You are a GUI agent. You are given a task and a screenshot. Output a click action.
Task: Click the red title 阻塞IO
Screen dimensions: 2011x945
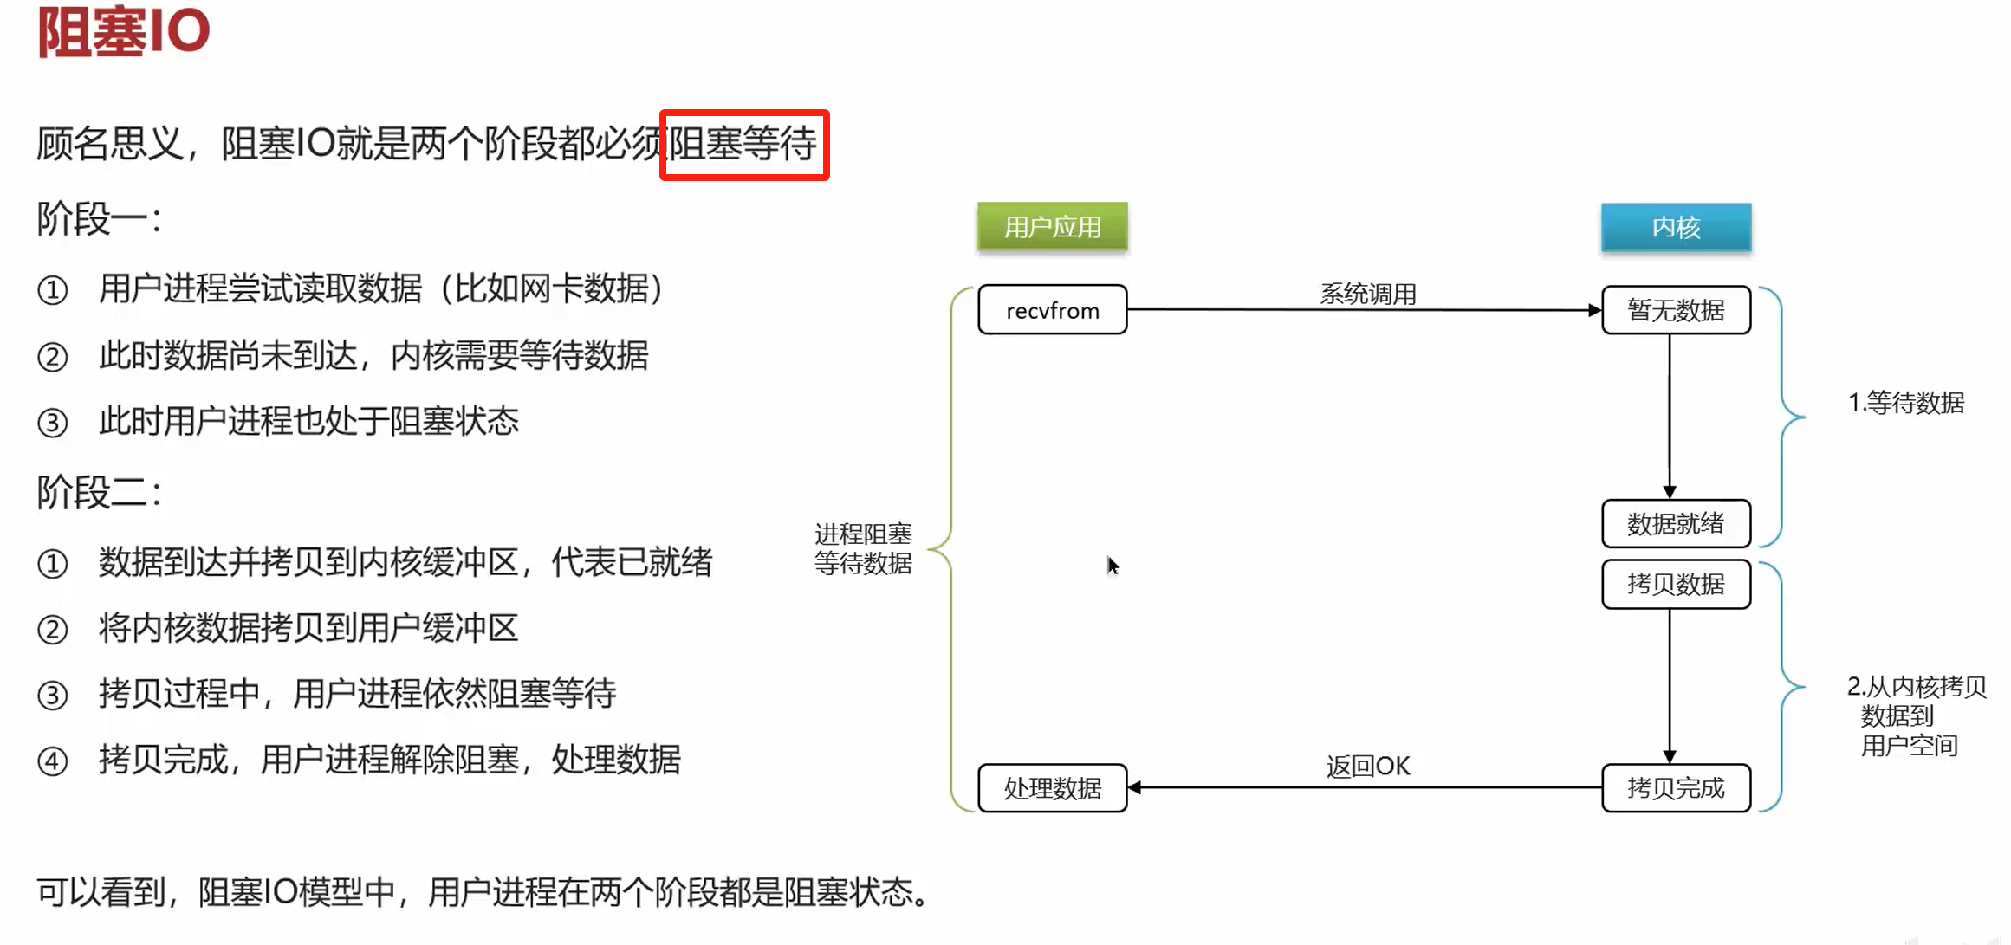123,31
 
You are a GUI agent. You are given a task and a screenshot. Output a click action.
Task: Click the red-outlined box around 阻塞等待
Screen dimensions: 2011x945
744,145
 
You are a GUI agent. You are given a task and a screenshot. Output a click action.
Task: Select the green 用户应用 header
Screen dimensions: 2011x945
1052,227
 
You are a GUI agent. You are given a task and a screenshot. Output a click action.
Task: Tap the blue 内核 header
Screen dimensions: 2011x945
1676,227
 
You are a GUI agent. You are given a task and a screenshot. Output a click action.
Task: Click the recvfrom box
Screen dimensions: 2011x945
1052,310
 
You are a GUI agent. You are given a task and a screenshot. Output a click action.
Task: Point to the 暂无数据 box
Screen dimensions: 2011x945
1676,310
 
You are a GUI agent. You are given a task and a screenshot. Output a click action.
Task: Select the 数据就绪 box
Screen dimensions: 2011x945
1676,523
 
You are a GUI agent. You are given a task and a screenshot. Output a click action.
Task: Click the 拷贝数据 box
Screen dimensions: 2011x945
1676,585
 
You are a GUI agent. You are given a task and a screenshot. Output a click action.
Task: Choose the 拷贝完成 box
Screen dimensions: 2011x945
1676,788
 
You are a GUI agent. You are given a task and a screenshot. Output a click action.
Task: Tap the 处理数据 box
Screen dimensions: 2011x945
1052,788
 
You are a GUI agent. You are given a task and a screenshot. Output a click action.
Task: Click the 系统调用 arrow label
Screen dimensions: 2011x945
1367,295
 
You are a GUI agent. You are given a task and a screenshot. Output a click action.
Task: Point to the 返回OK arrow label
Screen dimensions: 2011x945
1367,767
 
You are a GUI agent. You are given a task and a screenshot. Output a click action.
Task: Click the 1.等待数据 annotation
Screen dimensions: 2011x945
1905,403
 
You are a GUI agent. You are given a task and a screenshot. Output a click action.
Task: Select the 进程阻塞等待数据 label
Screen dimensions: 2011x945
863,548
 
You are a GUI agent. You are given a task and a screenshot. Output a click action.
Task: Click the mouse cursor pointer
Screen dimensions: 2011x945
1113,566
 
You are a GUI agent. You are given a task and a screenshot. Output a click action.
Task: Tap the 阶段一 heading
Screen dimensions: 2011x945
98,219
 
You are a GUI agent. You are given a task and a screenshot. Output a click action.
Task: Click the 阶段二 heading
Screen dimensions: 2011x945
98,493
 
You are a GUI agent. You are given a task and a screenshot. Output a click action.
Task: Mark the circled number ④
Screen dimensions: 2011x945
52,761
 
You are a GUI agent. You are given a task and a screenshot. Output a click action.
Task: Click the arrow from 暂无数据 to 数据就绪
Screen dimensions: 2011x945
1670,416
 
